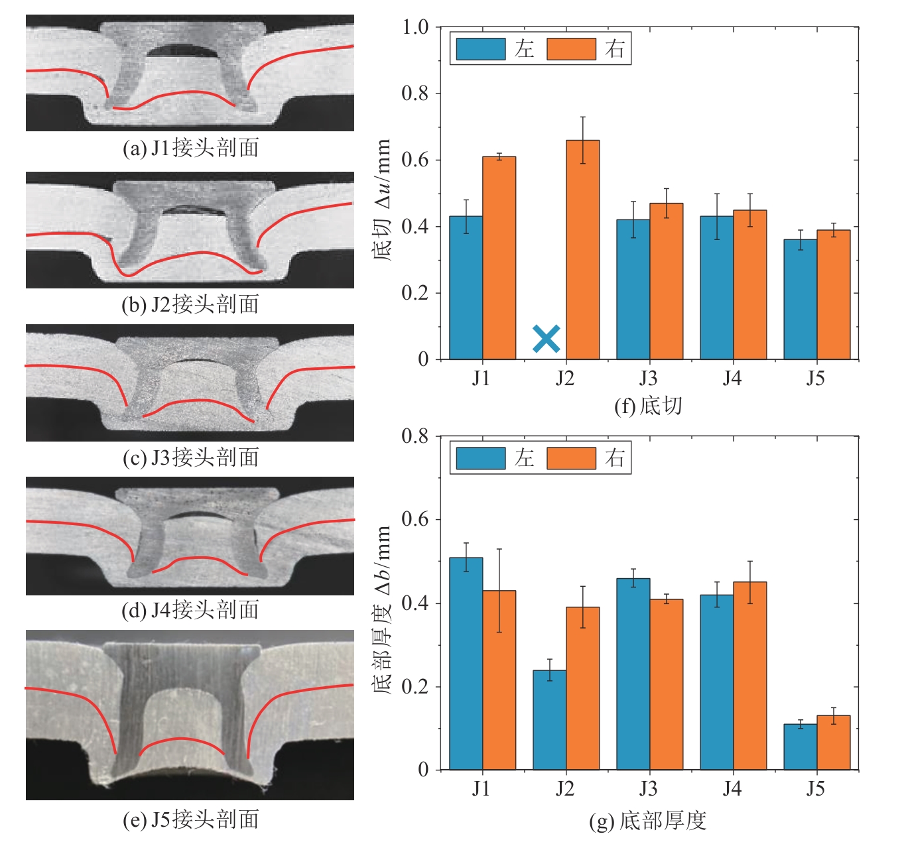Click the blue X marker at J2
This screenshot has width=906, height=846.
point(547,339)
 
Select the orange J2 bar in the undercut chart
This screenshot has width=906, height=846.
point(582,250)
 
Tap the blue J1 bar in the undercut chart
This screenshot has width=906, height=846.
point(466,288)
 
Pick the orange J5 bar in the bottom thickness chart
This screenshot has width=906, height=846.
point(833,743)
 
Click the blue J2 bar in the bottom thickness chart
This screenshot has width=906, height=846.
point(550,720)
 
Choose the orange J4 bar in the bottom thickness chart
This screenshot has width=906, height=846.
point(750,676)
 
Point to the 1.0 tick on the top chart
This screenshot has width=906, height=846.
point(415,27)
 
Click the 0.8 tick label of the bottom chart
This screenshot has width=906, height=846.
point(415,436)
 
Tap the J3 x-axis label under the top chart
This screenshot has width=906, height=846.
point(649,379)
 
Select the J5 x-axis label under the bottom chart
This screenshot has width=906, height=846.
point(816,788)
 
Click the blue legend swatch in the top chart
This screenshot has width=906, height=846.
point(481,49)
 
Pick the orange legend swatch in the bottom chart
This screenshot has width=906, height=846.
point(571,458)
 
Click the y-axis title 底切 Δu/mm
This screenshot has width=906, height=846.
point(383,200)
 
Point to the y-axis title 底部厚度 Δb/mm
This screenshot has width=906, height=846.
point(383,609)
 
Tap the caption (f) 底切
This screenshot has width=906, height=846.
point(648,406)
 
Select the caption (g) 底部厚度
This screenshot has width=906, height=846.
point(648,821)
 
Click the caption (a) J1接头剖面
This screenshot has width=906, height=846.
point(191,148)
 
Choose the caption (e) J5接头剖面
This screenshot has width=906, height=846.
point(191,820)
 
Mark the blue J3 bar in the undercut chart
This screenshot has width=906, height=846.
point(633,289)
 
